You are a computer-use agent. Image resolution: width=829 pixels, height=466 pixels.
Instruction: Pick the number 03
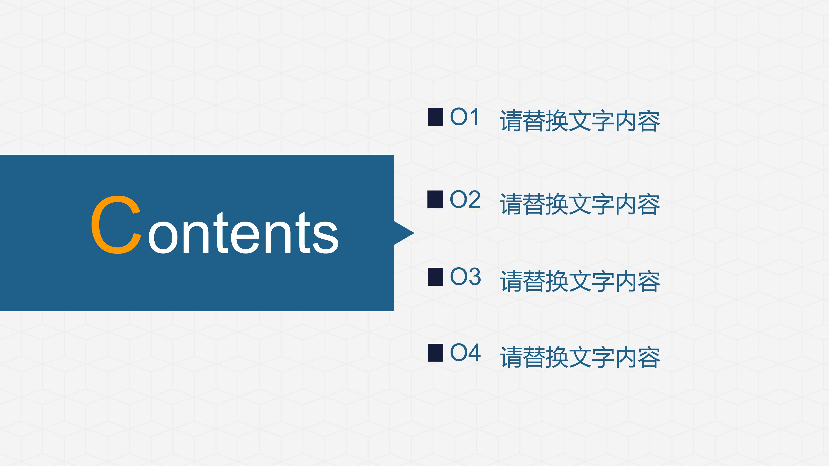465,277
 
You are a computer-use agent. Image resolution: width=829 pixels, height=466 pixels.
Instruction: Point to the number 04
465,353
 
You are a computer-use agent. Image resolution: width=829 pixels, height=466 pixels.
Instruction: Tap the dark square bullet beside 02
435,199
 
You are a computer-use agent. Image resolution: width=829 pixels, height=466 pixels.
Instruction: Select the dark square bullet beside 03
435,277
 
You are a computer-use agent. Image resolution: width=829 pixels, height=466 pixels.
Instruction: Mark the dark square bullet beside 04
435,353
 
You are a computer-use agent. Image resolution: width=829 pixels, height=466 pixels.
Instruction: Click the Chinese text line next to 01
580,121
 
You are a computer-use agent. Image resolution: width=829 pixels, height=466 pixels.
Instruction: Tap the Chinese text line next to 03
580,281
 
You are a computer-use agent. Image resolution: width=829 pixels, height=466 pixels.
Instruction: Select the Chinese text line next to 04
580,357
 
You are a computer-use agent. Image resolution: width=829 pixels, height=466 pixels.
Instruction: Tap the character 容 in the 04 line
649,357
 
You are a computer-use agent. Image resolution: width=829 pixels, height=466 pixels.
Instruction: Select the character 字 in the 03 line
603,281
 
